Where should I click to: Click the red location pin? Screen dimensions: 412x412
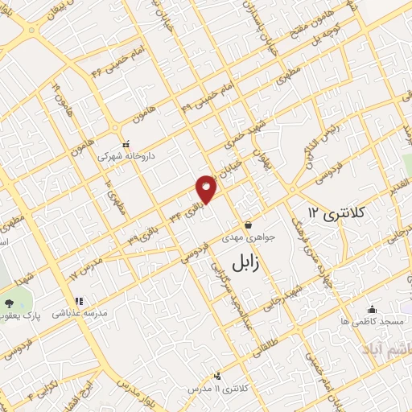point(207,187)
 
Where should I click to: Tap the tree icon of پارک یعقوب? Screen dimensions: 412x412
point(9,303)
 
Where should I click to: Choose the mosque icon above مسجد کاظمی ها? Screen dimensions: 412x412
point(372,309)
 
